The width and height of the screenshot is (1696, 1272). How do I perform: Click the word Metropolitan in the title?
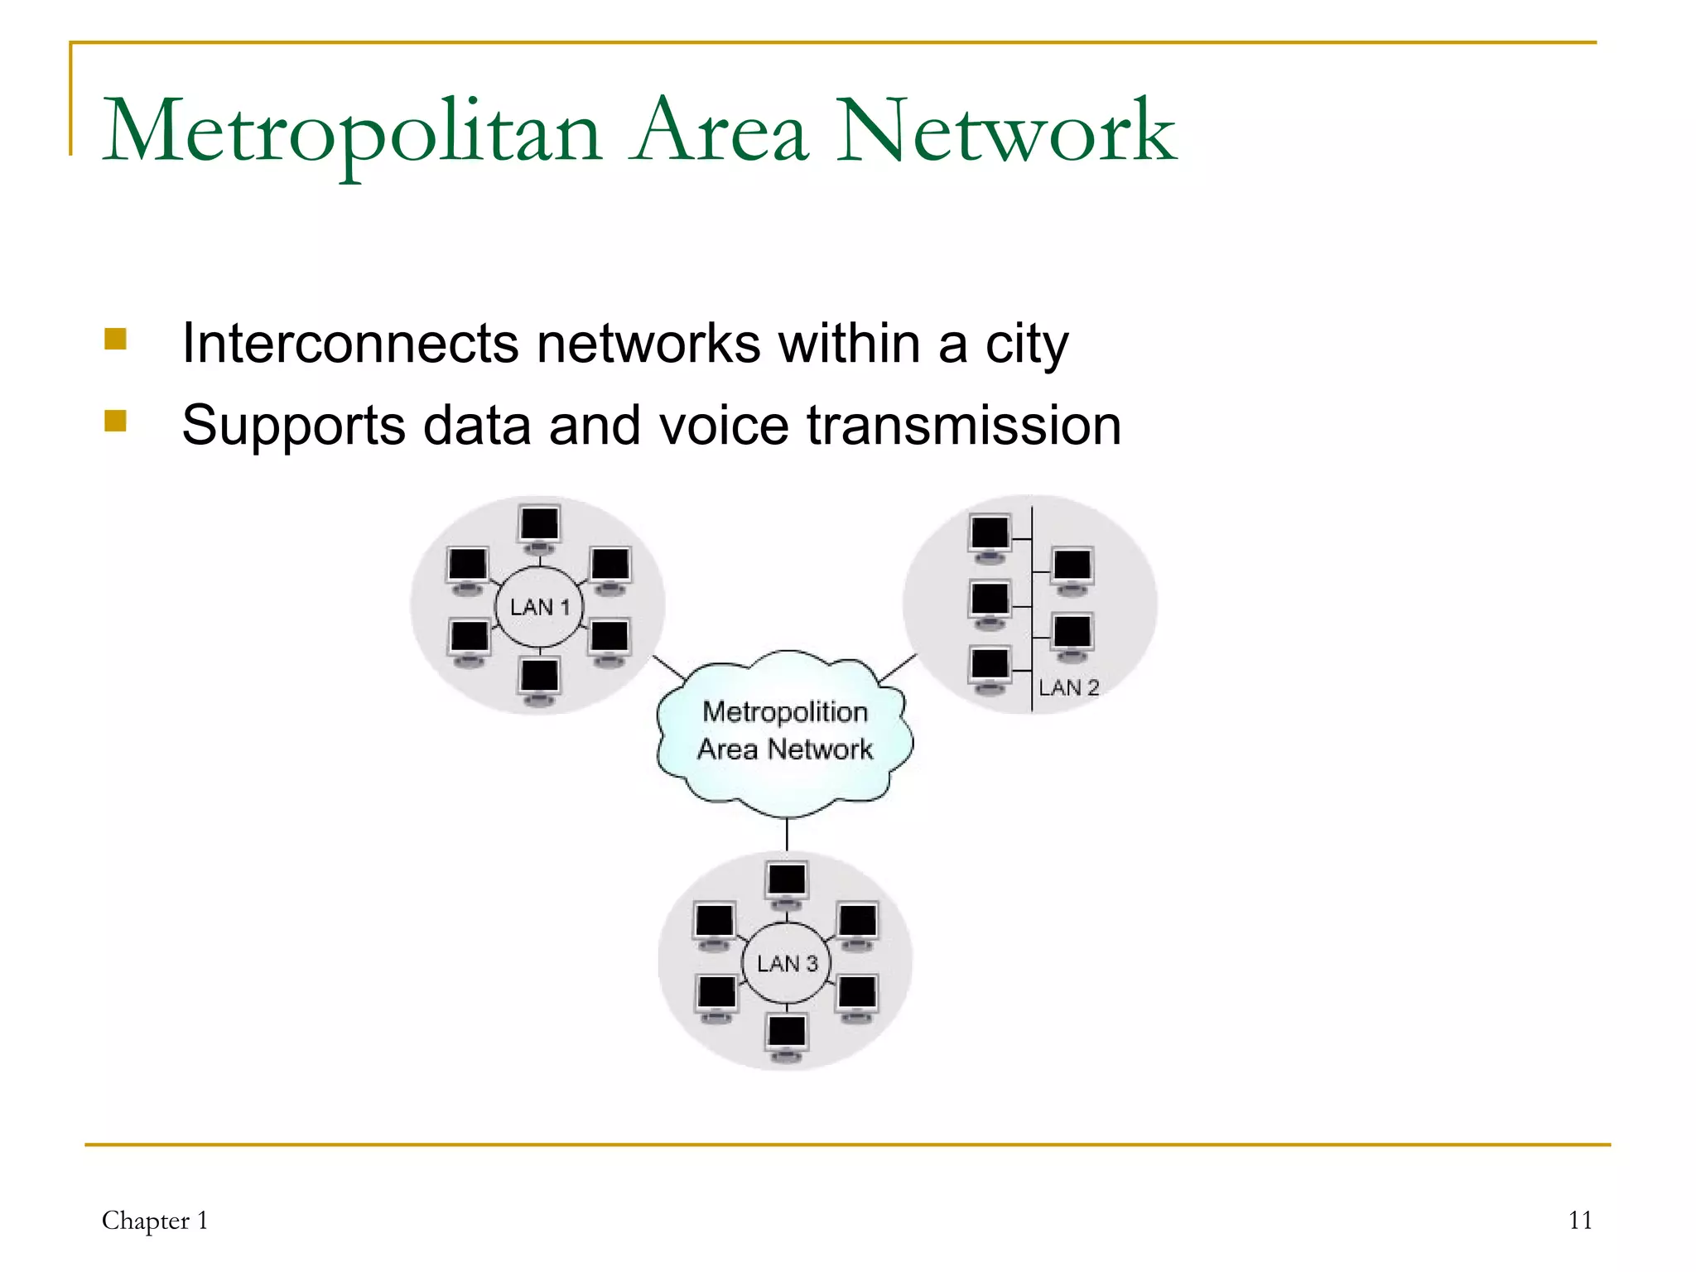(352, 132)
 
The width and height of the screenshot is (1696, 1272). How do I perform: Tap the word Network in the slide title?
(1005, 132)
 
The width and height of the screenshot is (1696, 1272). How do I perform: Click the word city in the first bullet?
(1027, 344)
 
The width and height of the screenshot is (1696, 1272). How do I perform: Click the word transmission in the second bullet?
(964, 426)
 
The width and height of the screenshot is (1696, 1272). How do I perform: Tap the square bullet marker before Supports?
(116, 422)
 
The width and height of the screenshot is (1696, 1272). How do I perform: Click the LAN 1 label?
(540, 607)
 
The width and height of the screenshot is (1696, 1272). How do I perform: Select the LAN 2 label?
(1068, 687)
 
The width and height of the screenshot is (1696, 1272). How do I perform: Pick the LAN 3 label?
(787, 963)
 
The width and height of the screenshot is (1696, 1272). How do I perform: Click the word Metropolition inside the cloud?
(784, 712)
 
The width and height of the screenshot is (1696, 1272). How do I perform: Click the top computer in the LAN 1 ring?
(540, 527)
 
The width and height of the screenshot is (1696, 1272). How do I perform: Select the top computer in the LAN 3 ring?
(786, 883)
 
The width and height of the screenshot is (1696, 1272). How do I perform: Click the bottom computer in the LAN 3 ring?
(786, 1035)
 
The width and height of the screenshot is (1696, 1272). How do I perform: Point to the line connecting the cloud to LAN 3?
(787, 833)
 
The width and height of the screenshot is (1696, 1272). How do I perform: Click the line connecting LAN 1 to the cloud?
(669, 667)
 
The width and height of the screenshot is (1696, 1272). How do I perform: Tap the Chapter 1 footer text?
(155, 1221)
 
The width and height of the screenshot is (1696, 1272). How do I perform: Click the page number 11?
(1580, 1221)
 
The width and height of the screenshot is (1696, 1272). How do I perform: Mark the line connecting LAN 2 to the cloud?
(898, 667)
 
